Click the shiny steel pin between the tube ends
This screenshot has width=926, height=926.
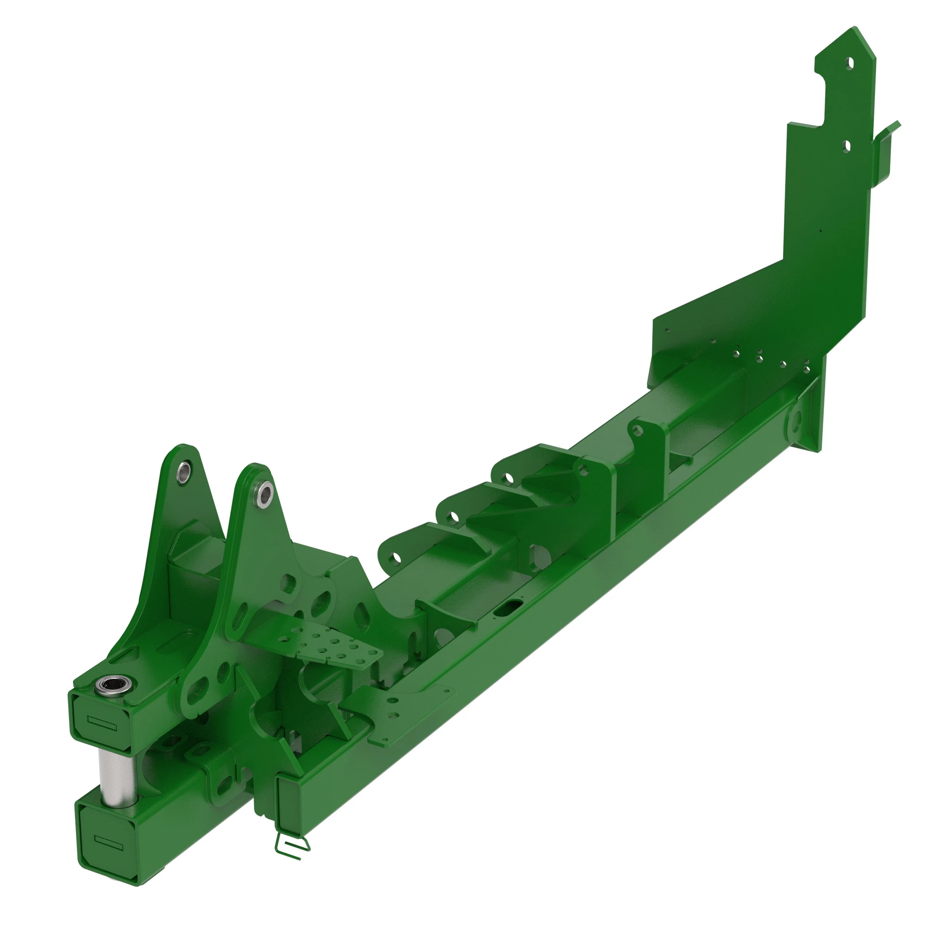pyautogui.click(x=117, y=773)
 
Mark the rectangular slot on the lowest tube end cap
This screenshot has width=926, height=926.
pyautogui.click(x=109, y=841)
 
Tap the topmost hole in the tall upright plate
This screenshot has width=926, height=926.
pyautogui.click(x=850, y=64)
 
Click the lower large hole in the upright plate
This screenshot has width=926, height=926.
pyautogui.click(x=846, y=146)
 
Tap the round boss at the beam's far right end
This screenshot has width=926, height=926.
pyautogui.click(x=795, y=421)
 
